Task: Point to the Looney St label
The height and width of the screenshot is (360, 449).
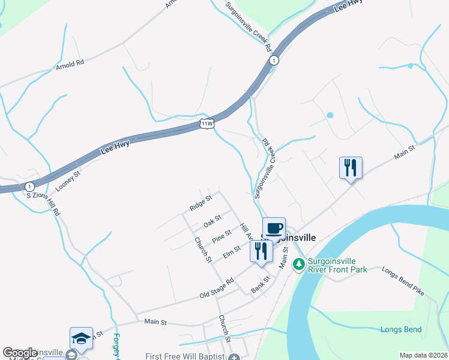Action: [x=68, y=181]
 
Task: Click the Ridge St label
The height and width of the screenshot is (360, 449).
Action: [x=200, y=203]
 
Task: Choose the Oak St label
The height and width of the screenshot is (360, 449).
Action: [x=212, y=221]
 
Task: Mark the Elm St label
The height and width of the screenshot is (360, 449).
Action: [x=231, y=251]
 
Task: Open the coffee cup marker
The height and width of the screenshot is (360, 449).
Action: [x=274, y=228]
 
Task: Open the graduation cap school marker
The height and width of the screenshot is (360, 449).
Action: [x=81, y=338]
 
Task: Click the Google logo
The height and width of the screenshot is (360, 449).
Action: [x=20, y=353]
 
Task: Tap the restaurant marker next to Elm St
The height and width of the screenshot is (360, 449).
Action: [x=260, y=251]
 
